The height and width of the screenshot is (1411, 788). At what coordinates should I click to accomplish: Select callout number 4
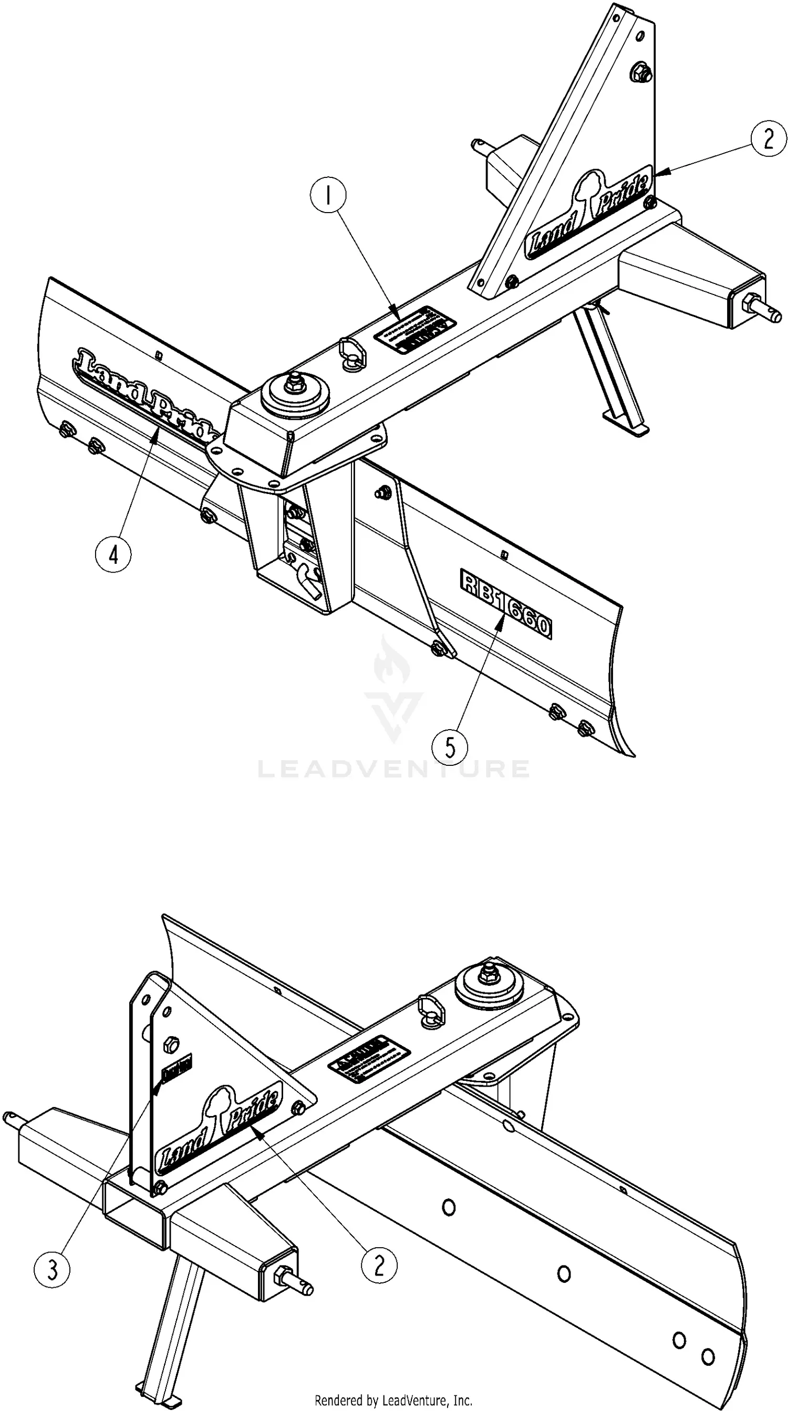coord(113,555)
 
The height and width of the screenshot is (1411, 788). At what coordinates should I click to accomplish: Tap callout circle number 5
coord(449,746)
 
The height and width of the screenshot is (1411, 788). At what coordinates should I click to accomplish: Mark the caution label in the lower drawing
coord(369,1059)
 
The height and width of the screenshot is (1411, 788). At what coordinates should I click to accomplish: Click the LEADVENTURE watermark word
coord(393,768)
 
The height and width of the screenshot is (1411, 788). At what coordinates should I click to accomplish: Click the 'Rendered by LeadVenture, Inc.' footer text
coord(393,1401)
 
